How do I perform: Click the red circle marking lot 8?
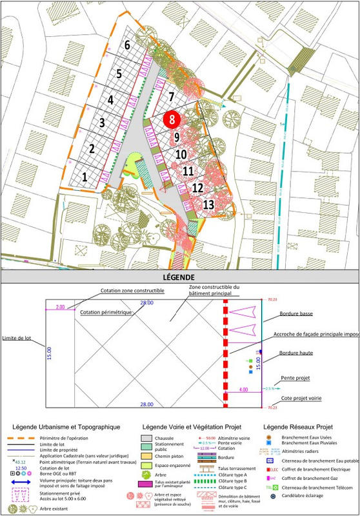pos(172,119)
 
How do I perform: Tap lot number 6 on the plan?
pos(128,45)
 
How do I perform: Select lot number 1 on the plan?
pos(85,175)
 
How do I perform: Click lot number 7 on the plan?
pos(171,97)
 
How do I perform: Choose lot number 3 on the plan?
pos(101,123)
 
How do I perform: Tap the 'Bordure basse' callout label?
pos(296,314)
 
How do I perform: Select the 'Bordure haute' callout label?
pos(296,353)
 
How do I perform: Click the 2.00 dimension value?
pos(61,306)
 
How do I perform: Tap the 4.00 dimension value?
pos(243,390)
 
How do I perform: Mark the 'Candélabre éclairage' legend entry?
pos(312,496)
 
